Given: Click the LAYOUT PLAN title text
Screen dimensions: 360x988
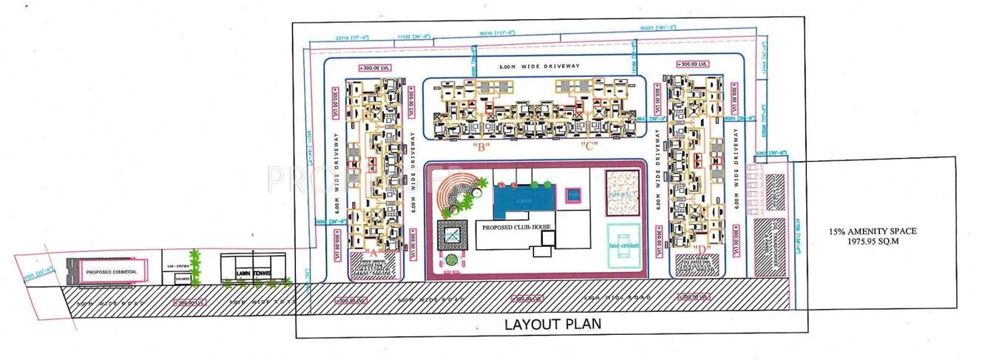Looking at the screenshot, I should pos(552,324).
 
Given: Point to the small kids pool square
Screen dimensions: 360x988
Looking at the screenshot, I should pos(573,196).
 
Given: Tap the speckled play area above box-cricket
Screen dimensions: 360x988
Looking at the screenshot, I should pos(623,193).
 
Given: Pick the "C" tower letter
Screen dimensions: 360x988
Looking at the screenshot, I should pos(589,146).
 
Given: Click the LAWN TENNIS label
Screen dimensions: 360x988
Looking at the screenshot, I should pos(253,274).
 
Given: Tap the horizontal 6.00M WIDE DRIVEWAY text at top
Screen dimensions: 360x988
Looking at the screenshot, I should pos(532,67).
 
